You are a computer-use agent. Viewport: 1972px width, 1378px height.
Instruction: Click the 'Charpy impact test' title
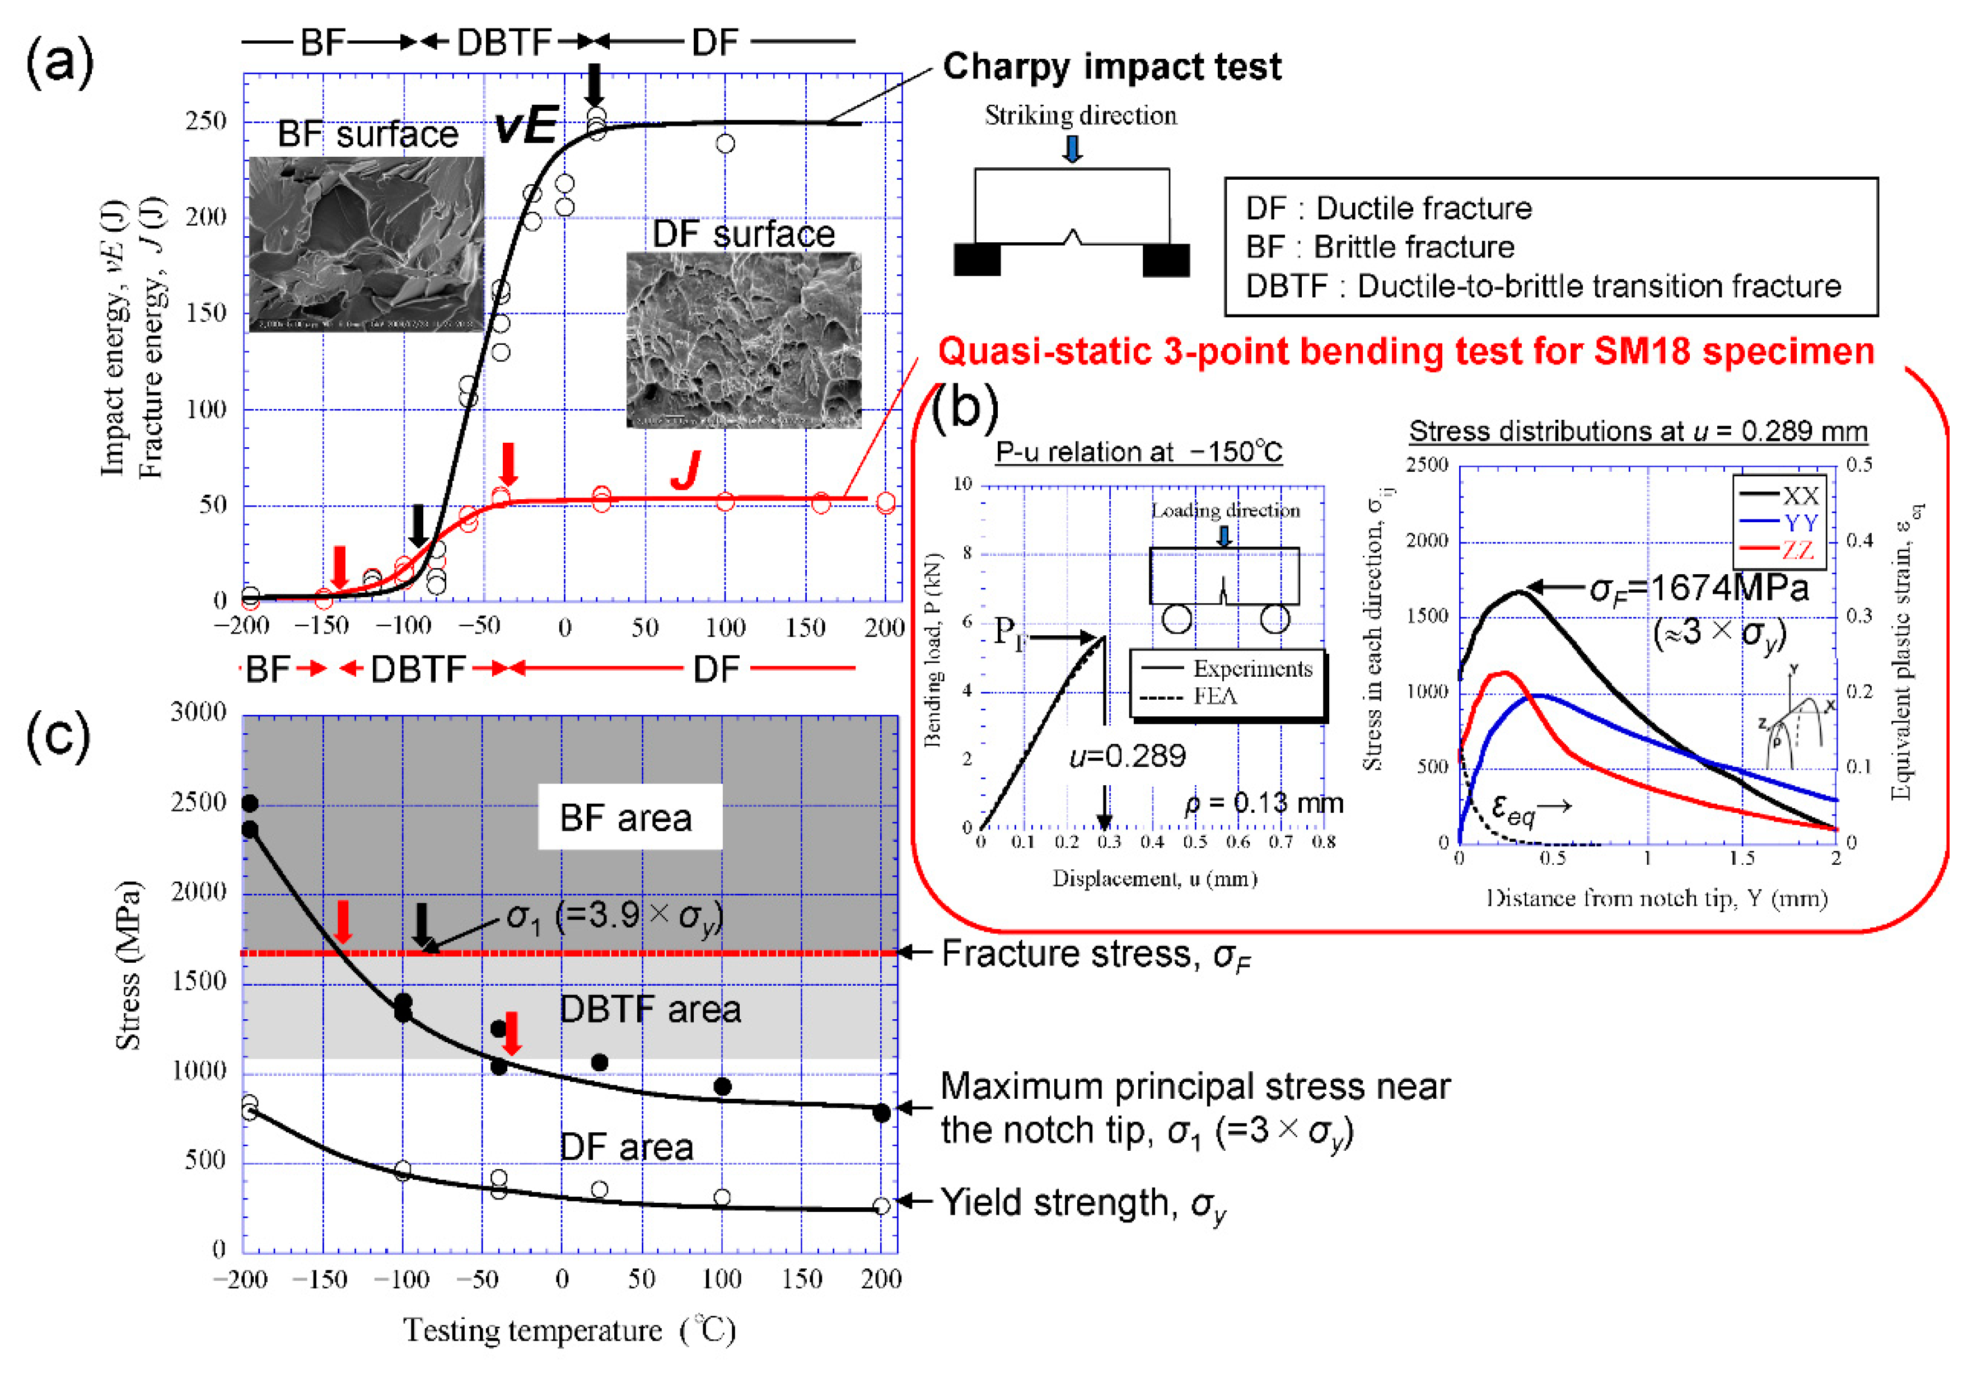click(x=1111, y=67)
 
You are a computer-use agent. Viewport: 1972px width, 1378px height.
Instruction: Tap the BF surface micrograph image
click(x=366, y=245)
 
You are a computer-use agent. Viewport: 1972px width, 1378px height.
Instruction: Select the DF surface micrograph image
click(x=744, y=340)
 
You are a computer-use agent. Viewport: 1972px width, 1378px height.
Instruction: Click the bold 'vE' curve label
click(x=526, y=126)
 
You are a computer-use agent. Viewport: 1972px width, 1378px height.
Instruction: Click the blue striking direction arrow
click(x=1072, y=148)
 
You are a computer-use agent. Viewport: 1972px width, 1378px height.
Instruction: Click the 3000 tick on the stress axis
click(x=198, y=712)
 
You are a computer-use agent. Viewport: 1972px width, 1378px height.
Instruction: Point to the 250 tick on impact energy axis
click(x=206, y=121)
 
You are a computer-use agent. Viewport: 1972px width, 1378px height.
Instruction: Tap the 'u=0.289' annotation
click(x=1127, y=756)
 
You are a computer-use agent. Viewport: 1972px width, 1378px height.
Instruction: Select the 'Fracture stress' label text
click(x=1096, y=954)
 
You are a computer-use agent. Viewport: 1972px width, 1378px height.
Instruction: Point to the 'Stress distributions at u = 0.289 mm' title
click(x=1638, y=431)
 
